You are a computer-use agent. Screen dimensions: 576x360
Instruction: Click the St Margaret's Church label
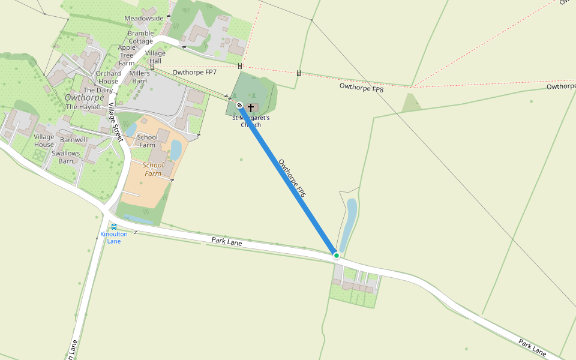(x=251, y=121)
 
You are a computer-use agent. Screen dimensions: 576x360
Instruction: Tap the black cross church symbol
(x=251, y=107)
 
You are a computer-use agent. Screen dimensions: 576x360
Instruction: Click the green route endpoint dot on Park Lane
(x=337, y=256)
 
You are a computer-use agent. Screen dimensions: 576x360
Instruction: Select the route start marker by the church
(x=239, y=106)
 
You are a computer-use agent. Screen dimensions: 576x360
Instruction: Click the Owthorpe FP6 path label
(x=292, y=178)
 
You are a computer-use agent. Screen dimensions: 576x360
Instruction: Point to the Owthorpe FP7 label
(x=194, y=73)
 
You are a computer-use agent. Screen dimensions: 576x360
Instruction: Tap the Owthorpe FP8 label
(x=361, y=88)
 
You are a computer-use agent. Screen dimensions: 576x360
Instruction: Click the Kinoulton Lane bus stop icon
(x=113, y=227)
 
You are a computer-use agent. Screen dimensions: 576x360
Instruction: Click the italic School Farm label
(x=153, y=169)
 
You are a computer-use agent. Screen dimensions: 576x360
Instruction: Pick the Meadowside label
(x=144, y=19)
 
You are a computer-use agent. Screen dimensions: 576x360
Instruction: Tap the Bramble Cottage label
(x=141, y=38)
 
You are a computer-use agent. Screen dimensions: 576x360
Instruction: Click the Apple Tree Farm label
(x=127, y=55)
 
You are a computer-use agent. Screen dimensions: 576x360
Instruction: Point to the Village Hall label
(x=155, y=57)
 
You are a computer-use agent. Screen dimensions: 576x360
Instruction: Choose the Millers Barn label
(x=139, y=77)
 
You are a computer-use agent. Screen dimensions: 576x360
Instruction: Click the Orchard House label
(x=108, y=77)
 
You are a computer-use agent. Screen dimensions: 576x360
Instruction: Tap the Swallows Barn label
(x=66, y=157)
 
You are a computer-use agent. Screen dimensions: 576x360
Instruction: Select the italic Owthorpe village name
(x=85, y=97)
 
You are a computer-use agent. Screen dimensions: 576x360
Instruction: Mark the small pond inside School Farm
(x=176, y=149)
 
